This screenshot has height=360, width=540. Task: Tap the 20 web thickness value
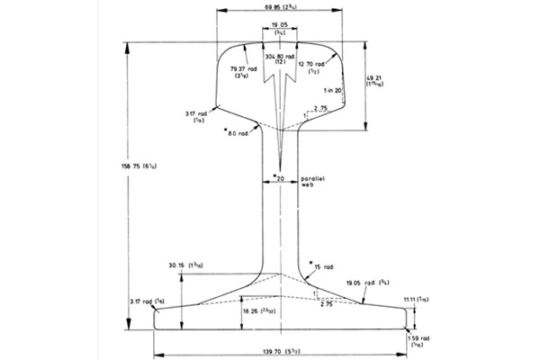tap(280, 178)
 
